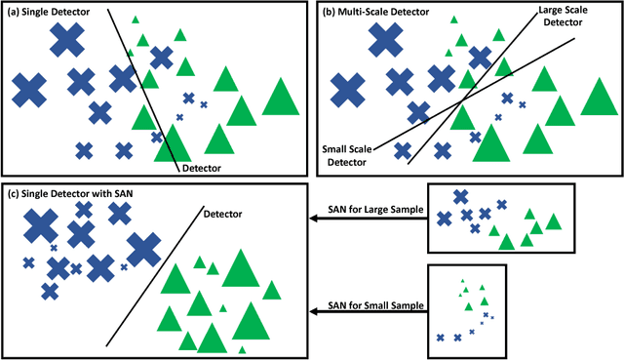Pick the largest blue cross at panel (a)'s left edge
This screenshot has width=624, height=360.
point(30,90)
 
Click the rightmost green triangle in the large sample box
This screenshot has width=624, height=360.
point(553,221)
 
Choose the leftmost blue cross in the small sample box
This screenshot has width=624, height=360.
point(441,338)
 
